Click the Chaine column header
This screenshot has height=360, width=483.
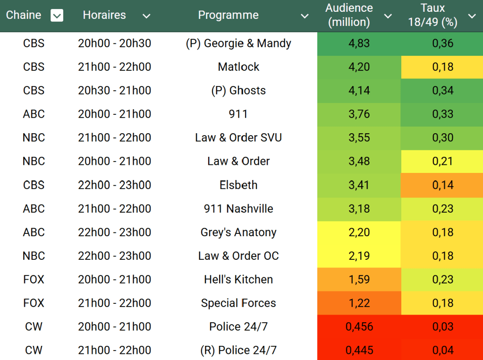24,15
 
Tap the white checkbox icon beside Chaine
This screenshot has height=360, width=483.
57,16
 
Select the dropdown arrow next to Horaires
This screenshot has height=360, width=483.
146,16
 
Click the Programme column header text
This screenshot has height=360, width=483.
228,15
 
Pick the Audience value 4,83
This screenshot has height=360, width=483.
359,43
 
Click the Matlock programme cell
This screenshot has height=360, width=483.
238,67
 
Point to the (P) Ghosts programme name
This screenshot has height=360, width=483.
238,91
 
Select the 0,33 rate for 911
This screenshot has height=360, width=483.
442,114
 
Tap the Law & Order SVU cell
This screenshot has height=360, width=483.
238,138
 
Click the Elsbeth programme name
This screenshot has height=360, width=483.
238,185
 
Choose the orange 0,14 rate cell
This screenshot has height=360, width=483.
442,185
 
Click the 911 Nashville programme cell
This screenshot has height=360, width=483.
238,209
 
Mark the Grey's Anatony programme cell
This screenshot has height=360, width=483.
238,232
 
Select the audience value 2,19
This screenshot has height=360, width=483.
359,256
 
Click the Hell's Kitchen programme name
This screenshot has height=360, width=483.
238,280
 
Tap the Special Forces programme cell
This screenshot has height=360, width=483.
238,303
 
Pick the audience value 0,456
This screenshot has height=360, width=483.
359,327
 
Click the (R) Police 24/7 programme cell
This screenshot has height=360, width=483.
238,351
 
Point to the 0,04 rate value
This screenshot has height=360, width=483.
442,351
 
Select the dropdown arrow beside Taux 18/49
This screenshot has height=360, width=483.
472,16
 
